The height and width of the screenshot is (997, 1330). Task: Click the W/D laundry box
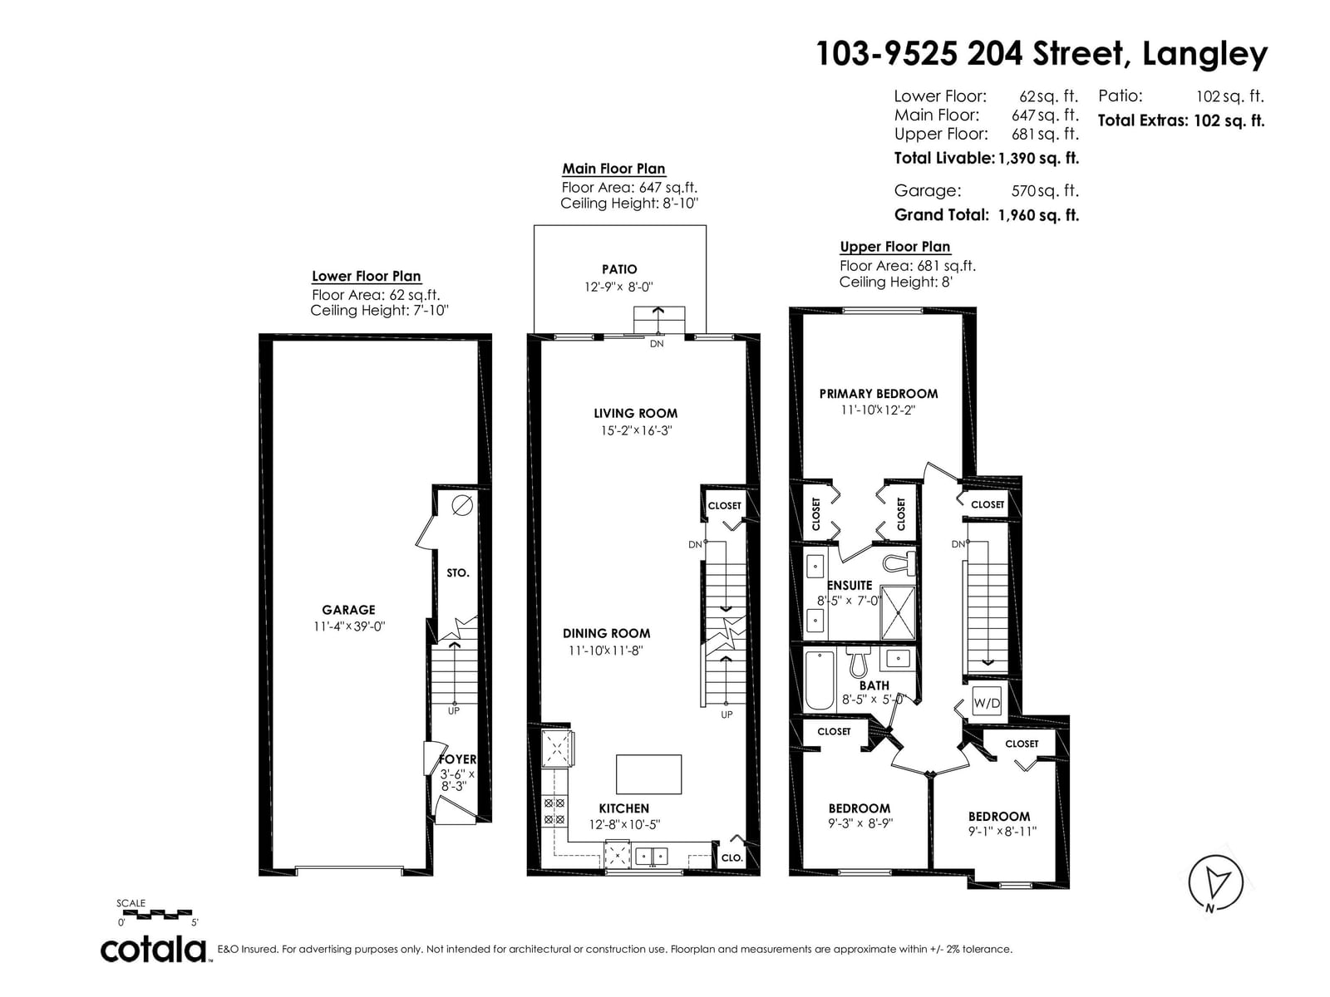(987, 702)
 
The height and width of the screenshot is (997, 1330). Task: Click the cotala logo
(154, 950)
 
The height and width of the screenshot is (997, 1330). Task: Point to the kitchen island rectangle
(648, 774)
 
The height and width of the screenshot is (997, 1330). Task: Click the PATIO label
(619, 269)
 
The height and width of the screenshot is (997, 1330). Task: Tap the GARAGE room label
(348, 610)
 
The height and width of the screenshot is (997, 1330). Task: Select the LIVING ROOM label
(636, 414)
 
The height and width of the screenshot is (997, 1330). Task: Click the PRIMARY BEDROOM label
(879, 394)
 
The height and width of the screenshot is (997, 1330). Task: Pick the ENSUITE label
(850, 586)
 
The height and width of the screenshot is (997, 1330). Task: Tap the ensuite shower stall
(898, 612)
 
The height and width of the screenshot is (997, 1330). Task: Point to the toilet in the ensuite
(899, 563)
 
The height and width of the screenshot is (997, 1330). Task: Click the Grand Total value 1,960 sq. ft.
(1038, 215)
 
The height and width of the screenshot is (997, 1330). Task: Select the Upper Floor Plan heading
(895, 247)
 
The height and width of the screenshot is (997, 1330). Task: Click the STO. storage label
(457, 572)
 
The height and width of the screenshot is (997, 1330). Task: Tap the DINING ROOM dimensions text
(605, 651)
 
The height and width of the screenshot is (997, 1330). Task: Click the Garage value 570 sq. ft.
(1045, 191)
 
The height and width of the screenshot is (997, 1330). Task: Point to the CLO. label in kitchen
(732, 857)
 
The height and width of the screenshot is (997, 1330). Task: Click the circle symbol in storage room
(462, 504)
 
